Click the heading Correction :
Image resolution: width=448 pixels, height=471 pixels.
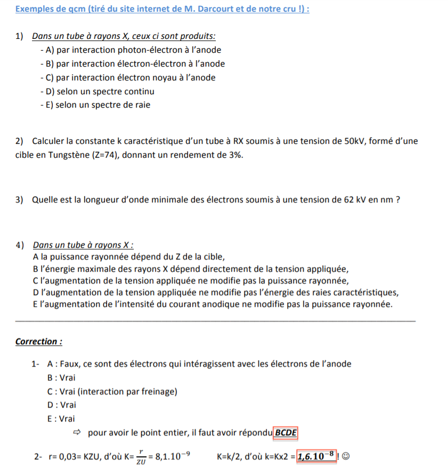pos(39,342)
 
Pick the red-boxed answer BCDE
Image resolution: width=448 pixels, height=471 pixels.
pos(286,432)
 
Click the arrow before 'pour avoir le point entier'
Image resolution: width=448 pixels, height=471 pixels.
pos(78,432)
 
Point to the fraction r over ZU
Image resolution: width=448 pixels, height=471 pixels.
pos(141,457)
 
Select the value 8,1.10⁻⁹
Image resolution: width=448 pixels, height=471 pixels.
pos(172,456)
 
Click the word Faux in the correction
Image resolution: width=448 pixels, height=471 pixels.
pos(69,364)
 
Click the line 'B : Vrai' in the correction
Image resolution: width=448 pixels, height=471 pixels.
pos(61,378)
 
